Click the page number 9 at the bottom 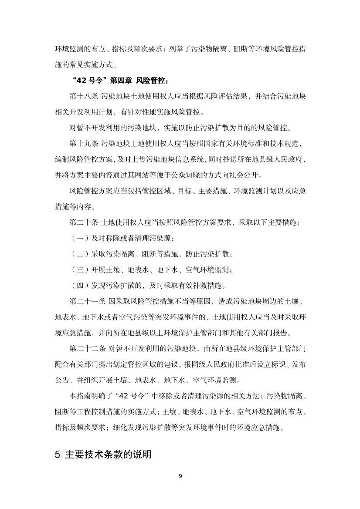(x=180, y=475)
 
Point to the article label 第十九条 (x=84, y=143)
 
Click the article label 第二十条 (x=84, y=222)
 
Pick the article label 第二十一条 (x=87, y=301)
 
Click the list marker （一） (x=79, y=238)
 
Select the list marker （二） (x=79, y=254)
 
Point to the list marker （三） (x=79, y=270)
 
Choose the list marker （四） (x=79, y=286)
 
